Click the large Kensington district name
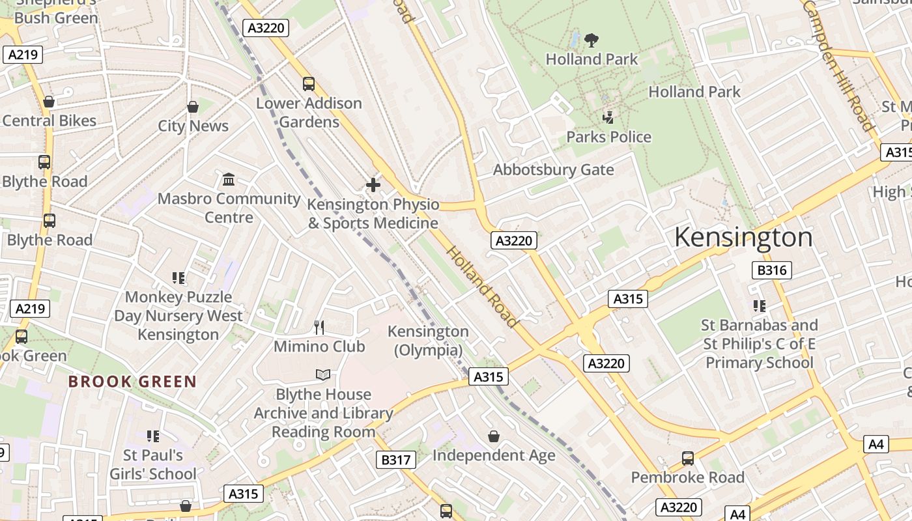pos(743,237)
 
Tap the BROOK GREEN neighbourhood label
pos(132,382)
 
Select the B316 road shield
pos(771,270)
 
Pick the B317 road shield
pos(395,460)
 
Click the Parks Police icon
pos(608,118)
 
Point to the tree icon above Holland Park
pos(591,40)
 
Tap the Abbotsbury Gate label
pos(553,170)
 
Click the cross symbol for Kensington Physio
pos(373,185)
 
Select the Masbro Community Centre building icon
pos(229,179)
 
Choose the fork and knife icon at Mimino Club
pos(319,327)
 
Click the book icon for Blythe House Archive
pos(323,374)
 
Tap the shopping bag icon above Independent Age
pos(494,436)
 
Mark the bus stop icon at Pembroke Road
pos(687,458)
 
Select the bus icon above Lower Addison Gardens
pos(309,83)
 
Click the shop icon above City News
pos(193,106)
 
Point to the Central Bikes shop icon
pos(49,102)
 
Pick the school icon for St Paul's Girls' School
pos(153,436)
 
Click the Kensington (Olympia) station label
pos(428,341)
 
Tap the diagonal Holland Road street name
pos(482,286)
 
